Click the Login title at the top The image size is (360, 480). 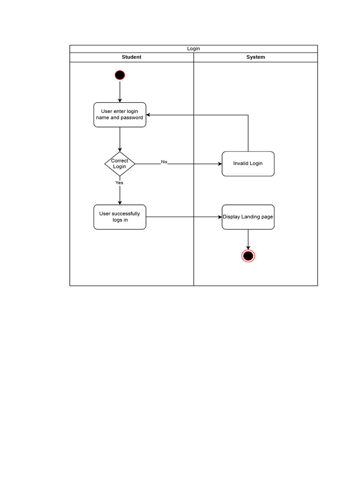[x=194, y=49]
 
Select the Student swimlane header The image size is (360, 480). [x=131, y=57]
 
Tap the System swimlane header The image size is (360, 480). [x=255, y=57]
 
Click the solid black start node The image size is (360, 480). [x=120, y=75]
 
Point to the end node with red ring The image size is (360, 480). [x=248, y=255]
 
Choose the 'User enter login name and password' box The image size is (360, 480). [x=120, y=114]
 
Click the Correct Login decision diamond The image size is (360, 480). [x=120, y=164]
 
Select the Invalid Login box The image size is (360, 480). [x=248, y=164]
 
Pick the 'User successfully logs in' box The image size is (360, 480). [x=120, y=217]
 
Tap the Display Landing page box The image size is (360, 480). [x=248, y=217]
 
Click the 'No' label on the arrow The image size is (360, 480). [x=164, y=162]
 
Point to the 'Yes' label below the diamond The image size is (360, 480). [x=120, y=183]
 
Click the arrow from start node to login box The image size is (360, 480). [x=120, y=91]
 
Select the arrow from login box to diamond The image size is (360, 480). [x=120, y=139]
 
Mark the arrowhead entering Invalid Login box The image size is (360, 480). [x=220, y=164]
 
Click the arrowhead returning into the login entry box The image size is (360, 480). [x=149, y=115]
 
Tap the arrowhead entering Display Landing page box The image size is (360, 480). [x=220, y=217]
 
